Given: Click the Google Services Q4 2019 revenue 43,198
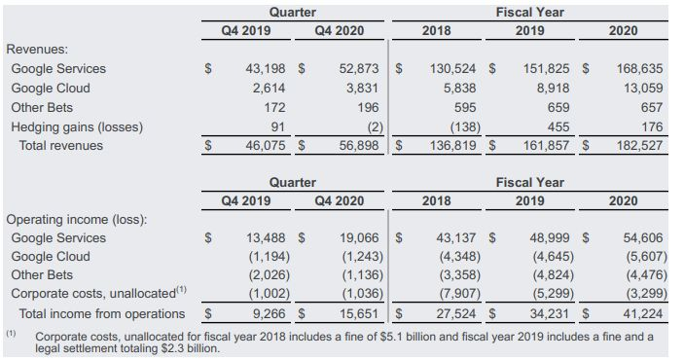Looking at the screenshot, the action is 266,68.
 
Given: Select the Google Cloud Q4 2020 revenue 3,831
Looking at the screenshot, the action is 362,89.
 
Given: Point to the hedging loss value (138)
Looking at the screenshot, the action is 465,127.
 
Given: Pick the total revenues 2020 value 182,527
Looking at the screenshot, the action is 639,145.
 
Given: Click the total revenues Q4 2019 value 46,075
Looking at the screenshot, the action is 266,145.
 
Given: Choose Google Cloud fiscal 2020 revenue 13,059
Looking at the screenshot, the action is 643,89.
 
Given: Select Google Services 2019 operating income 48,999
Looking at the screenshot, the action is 550,237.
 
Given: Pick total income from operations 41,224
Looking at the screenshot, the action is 643,313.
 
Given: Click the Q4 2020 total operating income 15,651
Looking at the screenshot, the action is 359,313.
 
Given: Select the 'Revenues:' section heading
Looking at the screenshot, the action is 37,50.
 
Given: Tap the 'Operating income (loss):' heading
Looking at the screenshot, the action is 77,219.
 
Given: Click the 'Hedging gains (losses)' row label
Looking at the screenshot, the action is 77,127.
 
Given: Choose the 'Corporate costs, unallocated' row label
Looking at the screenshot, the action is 93,293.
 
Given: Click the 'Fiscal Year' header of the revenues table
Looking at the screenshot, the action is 529,13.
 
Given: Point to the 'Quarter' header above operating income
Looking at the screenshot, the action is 292,182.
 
